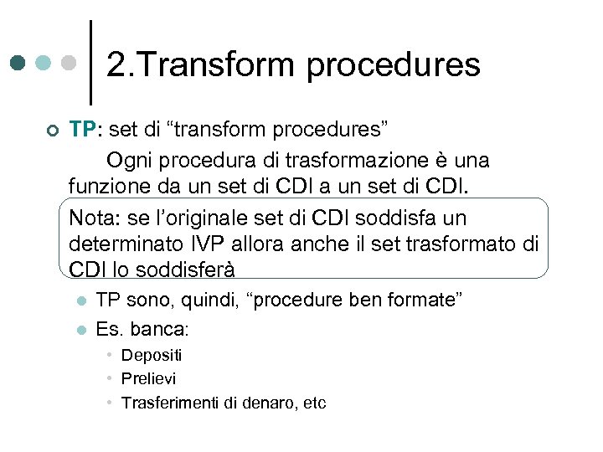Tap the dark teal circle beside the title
[18, 63]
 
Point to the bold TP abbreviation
[83, 130]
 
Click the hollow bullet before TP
[52, 131]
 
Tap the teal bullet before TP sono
[78, 301]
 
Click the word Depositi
[152, 356]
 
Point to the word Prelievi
[149, 379]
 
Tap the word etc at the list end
[315, 403]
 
